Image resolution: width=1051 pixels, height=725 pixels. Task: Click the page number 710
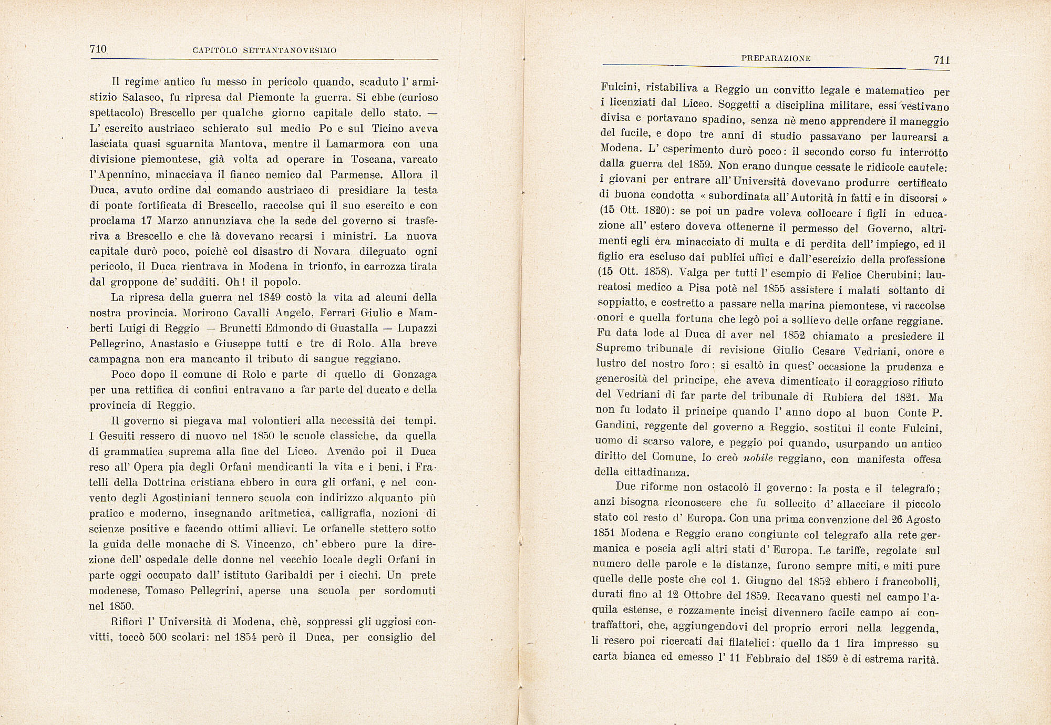(98, 49)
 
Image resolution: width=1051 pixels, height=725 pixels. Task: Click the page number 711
(942, 60)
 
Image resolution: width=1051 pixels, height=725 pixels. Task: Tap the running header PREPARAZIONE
(776, 59)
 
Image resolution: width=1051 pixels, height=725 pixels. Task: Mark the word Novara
(329, 251)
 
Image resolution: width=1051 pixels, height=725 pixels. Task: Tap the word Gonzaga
(414, 374)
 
